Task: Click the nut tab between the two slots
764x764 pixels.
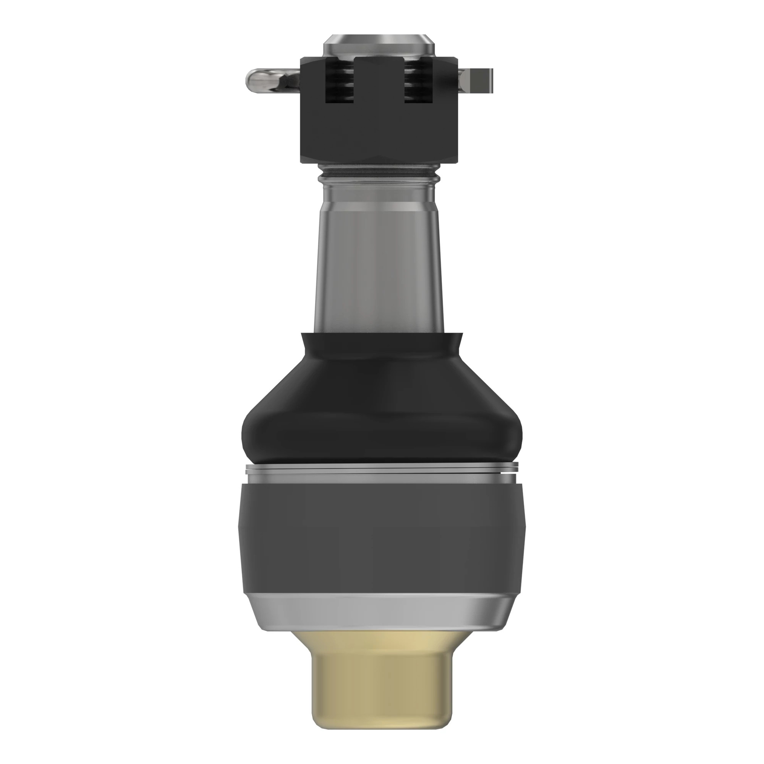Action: click(379, 75)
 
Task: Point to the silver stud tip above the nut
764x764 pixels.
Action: click(379, 46)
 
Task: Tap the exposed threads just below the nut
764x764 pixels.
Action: click(379, 172)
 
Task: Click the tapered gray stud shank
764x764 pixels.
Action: click(379, 257)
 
